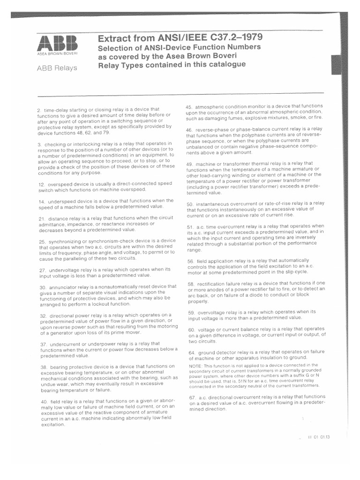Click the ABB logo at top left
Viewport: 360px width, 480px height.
58,45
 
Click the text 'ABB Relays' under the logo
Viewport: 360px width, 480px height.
57,68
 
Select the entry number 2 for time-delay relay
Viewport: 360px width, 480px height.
39,110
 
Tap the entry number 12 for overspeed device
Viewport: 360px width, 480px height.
40,184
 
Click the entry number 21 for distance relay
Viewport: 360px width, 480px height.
40,218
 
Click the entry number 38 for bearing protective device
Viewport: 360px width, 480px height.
41,366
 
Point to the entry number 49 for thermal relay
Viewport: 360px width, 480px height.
189,163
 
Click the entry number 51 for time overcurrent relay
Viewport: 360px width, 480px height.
189,226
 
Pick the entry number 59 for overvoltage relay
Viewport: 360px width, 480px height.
190,312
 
